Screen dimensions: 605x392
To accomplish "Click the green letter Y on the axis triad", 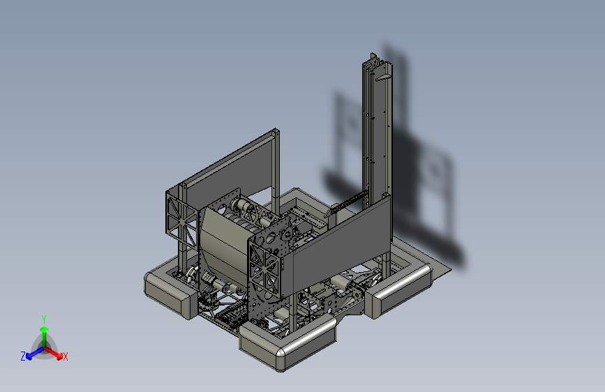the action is tap(44, 319).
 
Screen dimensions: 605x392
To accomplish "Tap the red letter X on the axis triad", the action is tap(65, 356).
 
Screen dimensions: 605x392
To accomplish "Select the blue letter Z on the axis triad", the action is tap(23, 356).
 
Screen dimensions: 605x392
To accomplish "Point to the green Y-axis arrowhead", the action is tap(45, 330).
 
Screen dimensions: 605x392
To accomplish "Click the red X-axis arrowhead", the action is tap(59, 356).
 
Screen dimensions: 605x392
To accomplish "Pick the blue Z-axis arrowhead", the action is tap(29, 356).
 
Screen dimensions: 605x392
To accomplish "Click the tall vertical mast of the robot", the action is tap(377, 131).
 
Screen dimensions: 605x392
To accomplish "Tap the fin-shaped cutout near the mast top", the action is tap(383, 78).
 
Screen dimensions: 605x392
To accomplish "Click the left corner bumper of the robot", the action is tap(170, 290).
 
